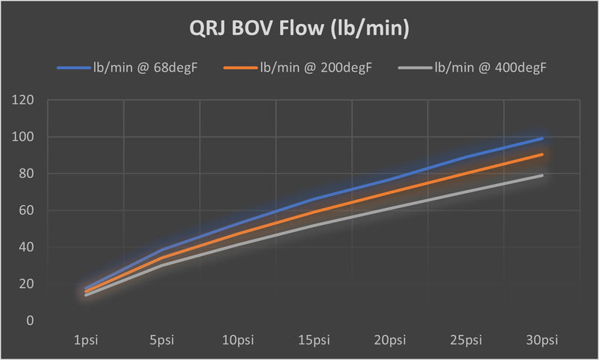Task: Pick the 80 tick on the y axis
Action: (28, 174)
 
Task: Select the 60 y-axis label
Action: (28, 210)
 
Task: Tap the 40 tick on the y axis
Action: (28, 247)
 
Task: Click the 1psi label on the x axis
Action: (86, 341)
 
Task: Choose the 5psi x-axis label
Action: (162, 341)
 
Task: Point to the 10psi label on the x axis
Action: (238, 341)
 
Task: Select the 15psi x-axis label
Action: (314, 341)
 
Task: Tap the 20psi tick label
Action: (390, 341)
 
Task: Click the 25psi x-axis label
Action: (466, 341)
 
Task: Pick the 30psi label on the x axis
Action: (542, 341)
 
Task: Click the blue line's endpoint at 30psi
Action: (542, 138)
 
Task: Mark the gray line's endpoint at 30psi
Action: (542, 176)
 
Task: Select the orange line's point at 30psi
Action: (542, 155)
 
